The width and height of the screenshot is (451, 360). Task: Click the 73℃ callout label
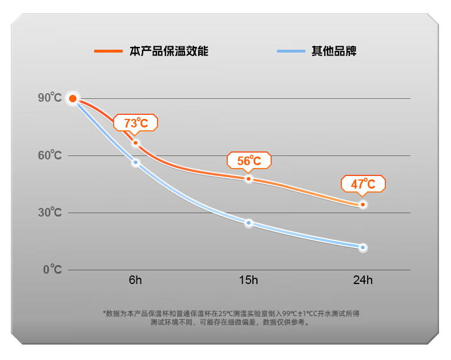135,123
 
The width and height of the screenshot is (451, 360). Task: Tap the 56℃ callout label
249,161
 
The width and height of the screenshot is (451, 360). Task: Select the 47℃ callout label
363,184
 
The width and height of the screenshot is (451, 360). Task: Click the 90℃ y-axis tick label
50,98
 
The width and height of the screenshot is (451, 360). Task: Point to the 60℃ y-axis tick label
50,155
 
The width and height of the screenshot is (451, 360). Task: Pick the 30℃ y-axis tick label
50,213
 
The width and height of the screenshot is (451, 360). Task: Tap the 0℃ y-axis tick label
52,269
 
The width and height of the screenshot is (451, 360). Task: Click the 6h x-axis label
135,281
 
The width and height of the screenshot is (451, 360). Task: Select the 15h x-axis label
249,281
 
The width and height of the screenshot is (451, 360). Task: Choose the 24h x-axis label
363,281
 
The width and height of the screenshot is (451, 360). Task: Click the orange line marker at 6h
135,143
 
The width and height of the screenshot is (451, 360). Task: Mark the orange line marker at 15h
249,179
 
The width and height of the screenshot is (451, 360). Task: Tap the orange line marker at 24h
363,205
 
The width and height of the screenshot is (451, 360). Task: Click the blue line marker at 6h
136,163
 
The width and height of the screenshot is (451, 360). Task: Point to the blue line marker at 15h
249,223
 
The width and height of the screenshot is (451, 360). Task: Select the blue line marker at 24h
363,247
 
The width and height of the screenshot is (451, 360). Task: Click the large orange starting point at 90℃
73,99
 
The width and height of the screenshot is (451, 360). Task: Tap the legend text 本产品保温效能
168,51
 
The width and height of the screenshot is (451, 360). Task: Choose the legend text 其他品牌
334,51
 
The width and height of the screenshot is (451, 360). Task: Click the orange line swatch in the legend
108,51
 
